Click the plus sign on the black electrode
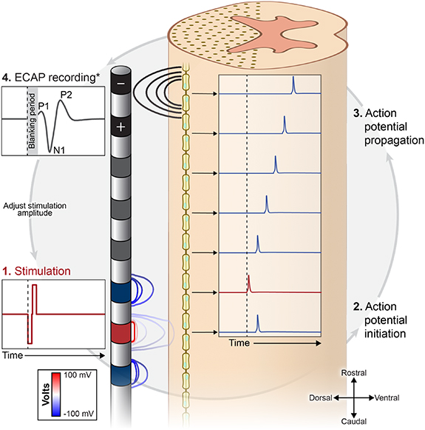coord(121,127)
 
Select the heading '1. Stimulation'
coord(34,271)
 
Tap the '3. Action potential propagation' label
coord(389,126)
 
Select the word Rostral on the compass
coord(354,372)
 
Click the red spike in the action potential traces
coord(249,283)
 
